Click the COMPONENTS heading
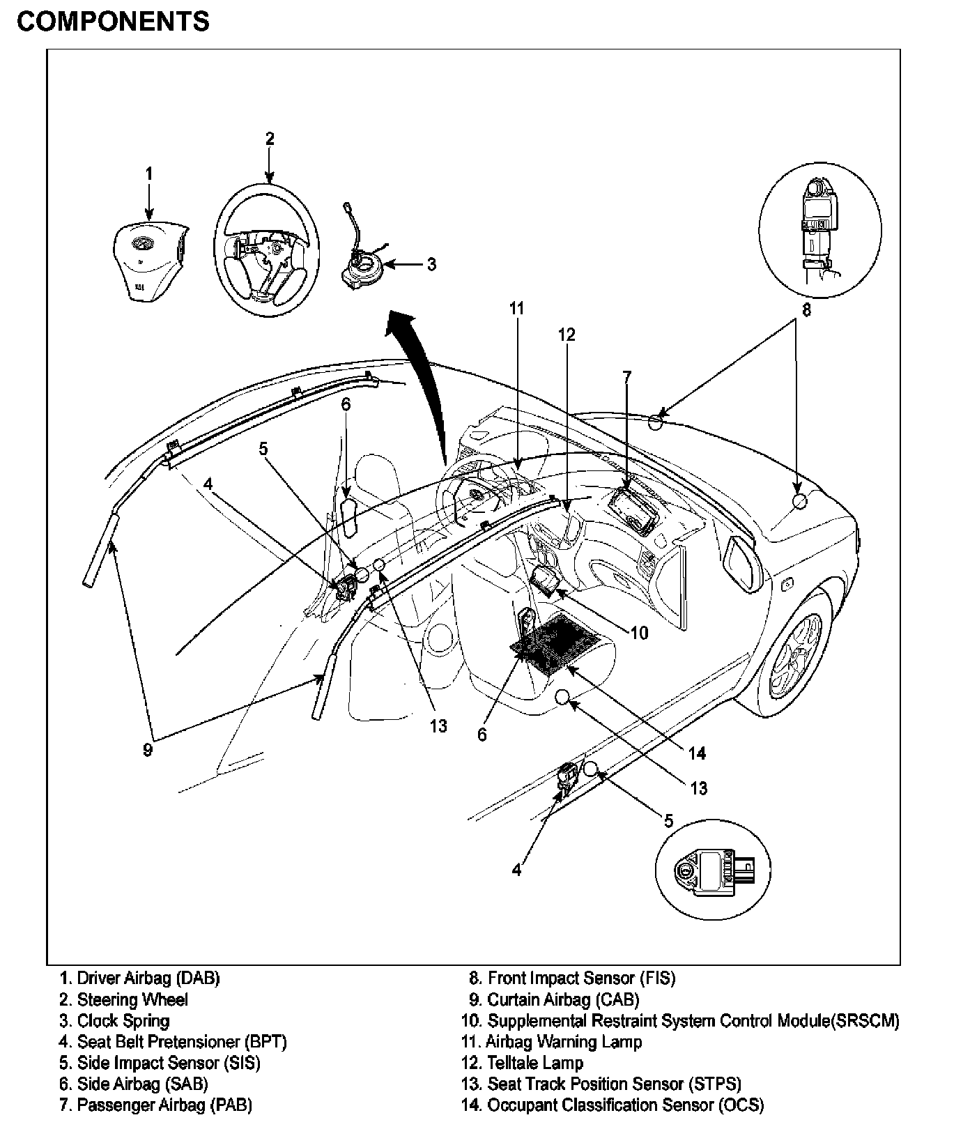[113, 22]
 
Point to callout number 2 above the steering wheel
[270, 139]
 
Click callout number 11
[516, 308]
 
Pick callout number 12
[567, 335]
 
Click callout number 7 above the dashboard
[626, 377]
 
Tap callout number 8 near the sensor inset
[806, 310]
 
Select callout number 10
[638, 633]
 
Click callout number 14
[697, 753]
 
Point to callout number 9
[147, 750]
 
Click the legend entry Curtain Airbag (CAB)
[554, 1000]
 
